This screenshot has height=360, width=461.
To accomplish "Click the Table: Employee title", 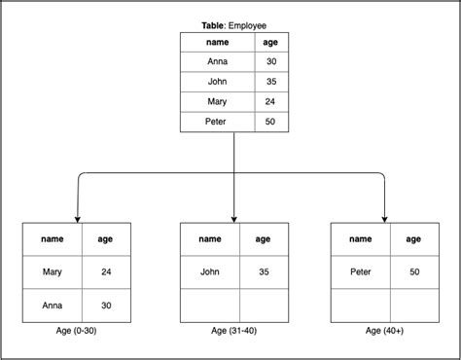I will tap(233, 24).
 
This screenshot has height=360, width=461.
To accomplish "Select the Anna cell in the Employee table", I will tap(218, 62).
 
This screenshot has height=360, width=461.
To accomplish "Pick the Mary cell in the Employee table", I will tap(218, 101).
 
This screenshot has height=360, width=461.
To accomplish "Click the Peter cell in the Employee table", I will tap(218, 122).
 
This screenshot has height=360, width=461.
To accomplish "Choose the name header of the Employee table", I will tap(218, 43).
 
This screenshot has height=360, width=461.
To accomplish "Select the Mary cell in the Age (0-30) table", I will tap(53, 271).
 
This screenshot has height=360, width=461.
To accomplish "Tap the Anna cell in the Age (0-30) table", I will tap(53, 305).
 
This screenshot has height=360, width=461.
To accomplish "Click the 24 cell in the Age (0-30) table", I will tap(106, 271).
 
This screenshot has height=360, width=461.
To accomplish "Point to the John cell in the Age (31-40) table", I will tap(210, 271).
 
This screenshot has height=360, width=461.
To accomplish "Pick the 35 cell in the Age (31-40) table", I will tap(264, 271).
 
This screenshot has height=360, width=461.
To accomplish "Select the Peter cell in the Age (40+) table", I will tap(360, 271).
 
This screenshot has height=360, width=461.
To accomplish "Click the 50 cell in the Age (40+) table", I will tap(413, 271).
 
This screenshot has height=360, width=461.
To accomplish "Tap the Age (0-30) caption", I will tap(77, 331).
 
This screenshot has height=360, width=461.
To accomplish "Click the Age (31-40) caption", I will tap(234, 331).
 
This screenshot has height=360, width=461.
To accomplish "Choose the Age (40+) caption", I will tap(386, 331).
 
